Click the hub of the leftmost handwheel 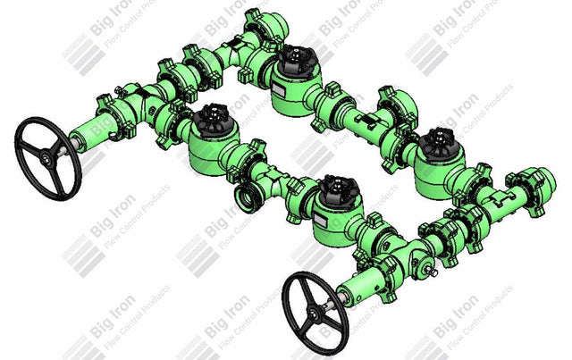coord(46,159)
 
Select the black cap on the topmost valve coord(291,62)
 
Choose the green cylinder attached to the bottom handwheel coord(361,286)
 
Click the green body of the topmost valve coord(290,85)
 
